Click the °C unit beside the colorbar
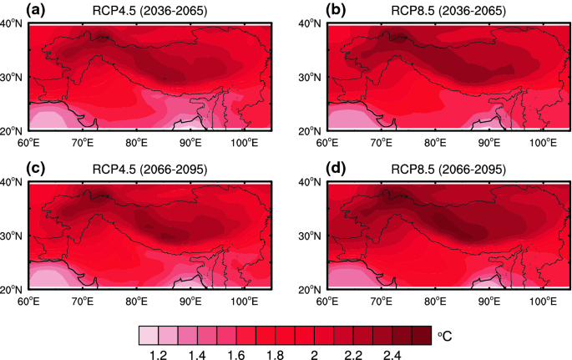coord(445,336)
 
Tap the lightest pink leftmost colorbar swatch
coord(148,335)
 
